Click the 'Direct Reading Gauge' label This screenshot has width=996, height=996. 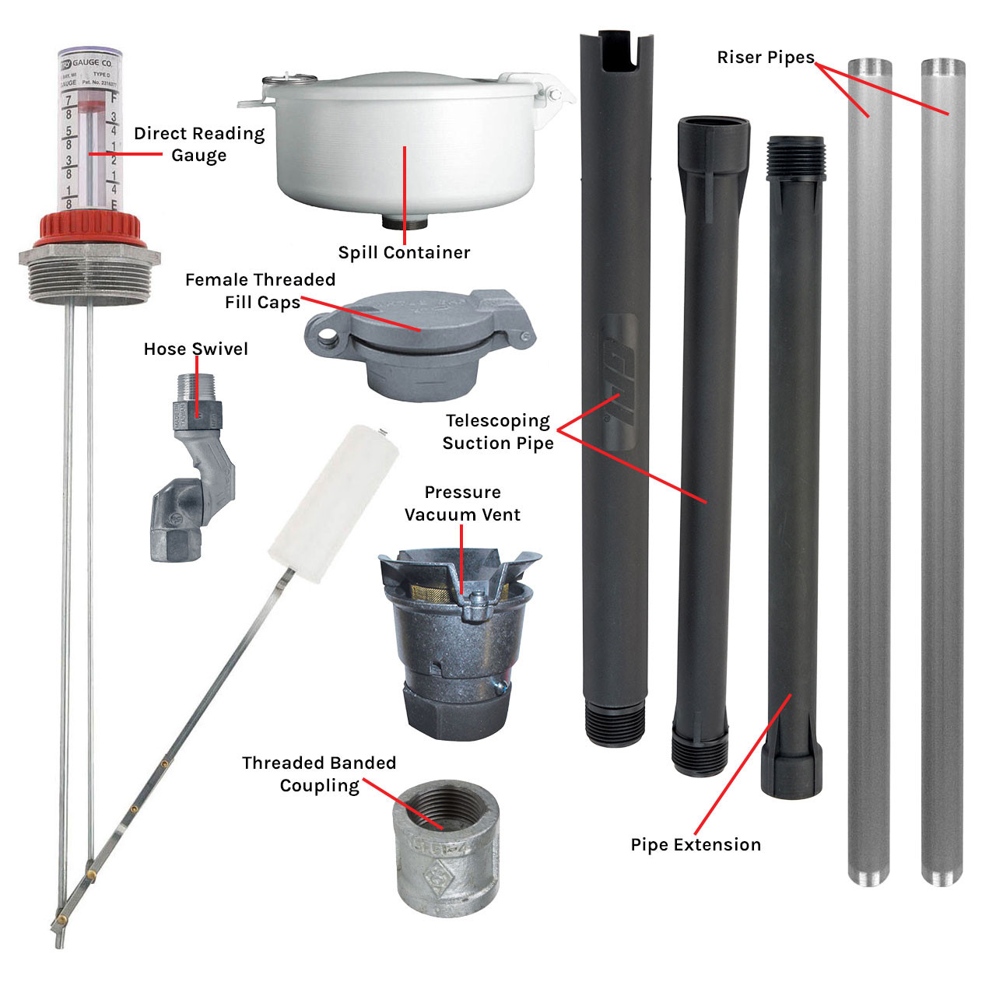coord(199,145)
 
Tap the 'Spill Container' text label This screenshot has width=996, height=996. coord(404,253)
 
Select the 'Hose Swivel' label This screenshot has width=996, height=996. coord(196,349)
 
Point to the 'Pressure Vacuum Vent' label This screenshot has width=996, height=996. coord(462,503)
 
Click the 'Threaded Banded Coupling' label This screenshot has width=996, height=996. coord(319,774)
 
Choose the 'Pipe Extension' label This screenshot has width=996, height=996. coord(696,845)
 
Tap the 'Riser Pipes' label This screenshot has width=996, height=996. coord(765,58)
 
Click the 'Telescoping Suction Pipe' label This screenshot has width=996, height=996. coord(498,432)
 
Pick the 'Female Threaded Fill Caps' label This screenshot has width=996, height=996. coord(261,290)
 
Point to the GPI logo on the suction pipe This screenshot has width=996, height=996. coord(619,381)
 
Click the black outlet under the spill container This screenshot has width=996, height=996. coord(405,223)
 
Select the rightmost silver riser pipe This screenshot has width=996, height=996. coord(943,467)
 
